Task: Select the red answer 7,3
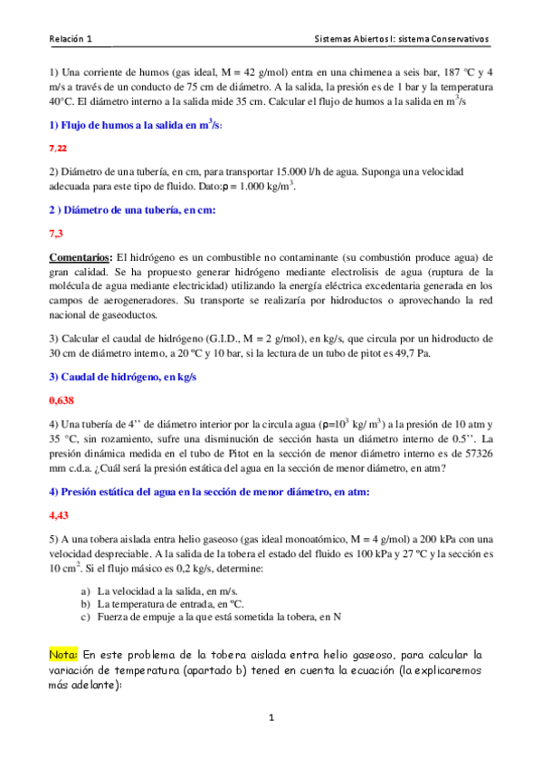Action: pyautogui.click(x=55, y=233)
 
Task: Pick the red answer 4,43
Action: pyautogui.click(x=59, y=514)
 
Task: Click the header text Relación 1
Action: pyautogui.click(x=71, y=40)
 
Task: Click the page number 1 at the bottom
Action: pyautogui.click(x=271, y=718)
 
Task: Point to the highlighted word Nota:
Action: pyautogui.click(x=63, y=652)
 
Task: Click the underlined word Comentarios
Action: pyautogui.click(x=81, y=256)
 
